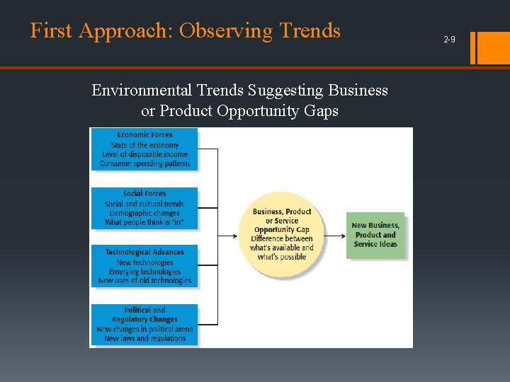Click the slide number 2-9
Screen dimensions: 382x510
coord(449,40)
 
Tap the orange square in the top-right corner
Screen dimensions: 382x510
coord(492,47)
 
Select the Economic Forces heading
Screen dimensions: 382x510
coord(144,135)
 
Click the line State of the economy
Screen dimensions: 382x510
coord(144,145)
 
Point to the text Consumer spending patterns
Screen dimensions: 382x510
coord(144,163)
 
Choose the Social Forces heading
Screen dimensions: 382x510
coord(144,194)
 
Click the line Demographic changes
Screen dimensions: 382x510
coord(144,213)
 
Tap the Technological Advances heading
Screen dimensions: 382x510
coord(144,253)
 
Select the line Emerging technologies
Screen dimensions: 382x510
coord(144,272)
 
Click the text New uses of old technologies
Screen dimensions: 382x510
coord(144,281)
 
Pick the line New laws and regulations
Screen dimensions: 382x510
coord(144,339)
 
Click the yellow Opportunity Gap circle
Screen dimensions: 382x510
coord(282,234)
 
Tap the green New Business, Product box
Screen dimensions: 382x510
coord(375,235)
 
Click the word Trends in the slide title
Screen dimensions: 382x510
coord(310,31)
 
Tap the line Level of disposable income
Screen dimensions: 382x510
coord(144,154)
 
